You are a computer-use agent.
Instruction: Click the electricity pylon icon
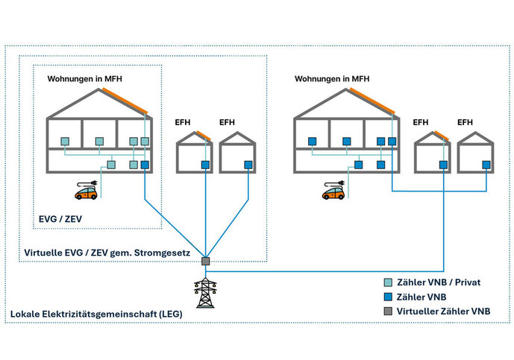pos(204,293)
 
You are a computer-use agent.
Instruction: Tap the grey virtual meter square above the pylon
pos(204,261)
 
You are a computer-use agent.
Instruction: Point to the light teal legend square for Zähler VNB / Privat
pos(386,282)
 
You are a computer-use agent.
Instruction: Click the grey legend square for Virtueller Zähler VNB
pos(386,309)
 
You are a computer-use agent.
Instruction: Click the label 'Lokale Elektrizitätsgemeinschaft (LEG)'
pos(96,315)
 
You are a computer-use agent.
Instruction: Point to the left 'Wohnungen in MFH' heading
pos(84,78)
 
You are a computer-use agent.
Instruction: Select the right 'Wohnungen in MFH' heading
pos(331,78)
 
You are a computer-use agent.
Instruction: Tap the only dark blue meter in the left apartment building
pos(145,165)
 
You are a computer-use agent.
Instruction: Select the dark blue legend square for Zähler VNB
pos(386,296)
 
